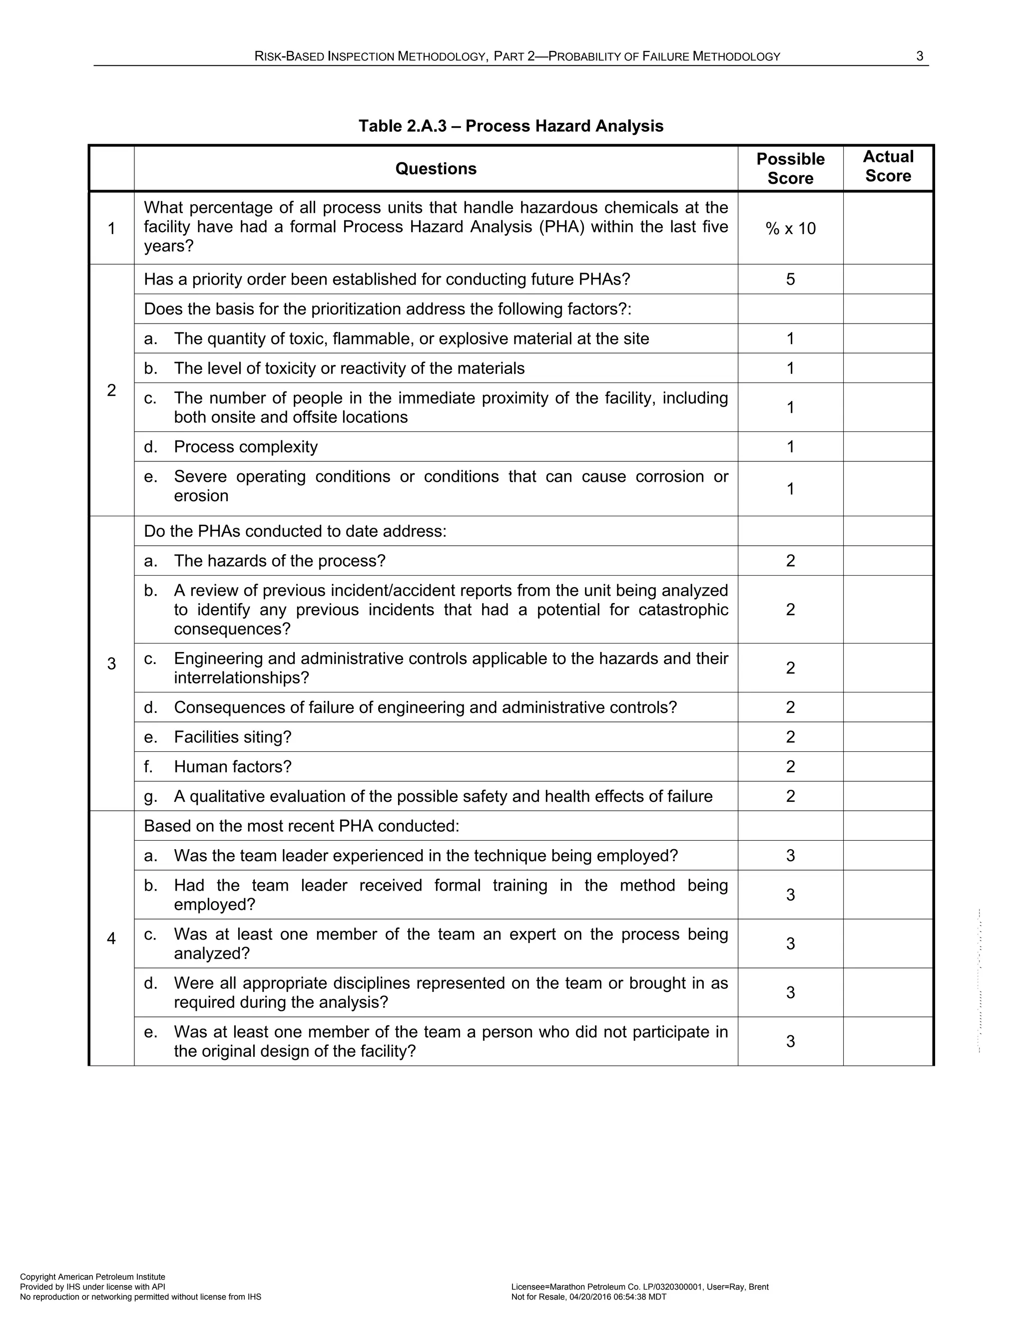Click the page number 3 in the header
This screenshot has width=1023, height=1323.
[920, 56]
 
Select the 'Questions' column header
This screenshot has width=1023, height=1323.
[436, 168]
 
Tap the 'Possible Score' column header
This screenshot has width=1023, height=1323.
[790, 168]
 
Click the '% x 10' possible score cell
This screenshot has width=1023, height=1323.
[790, 228]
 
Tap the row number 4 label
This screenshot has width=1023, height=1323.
[111, 939]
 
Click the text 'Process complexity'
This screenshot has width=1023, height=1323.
[245, 446]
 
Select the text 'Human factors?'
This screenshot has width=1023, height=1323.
[233, 766]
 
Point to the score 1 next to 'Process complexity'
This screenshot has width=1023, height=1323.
[790, 446]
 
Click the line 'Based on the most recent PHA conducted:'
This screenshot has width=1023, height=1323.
[301, 826]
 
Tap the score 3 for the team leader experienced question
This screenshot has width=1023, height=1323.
[790, 855]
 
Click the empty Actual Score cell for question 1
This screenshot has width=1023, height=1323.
[888, 228]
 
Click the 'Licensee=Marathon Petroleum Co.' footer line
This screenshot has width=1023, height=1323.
[639, 1287]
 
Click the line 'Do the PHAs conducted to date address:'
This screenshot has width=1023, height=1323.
[295, 531]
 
